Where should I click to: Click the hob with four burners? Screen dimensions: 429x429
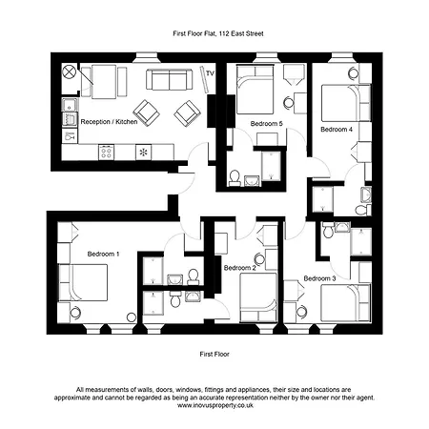tap(107, 151)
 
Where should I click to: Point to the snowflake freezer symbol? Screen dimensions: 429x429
tap(143, 152)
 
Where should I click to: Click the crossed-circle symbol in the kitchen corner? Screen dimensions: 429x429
tap(68, 72)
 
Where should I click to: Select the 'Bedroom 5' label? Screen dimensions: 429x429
tap(266, 124)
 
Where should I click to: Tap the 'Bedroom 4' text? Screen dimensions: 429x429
tap(336, 128)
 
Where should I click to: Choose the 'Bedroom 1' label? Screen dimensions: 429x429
tap(103, 254)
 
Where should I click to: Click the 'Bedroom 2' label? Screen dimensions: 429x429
tap(239, 268)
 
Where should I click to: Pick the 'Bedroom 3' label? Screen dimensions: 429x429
tap(319, 278)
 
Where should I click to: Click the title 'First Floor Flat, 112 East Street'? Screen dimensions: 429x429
tap(214, 33)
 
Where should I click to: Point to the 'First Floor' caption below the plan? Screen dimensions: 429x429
tap(214, 353)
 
